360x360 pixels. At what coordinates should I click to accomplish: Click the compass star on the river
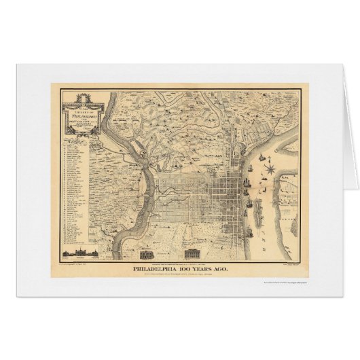pos(270,165)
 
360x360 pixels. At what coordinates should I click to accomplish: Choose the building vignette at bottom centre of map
pos(147,254)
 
